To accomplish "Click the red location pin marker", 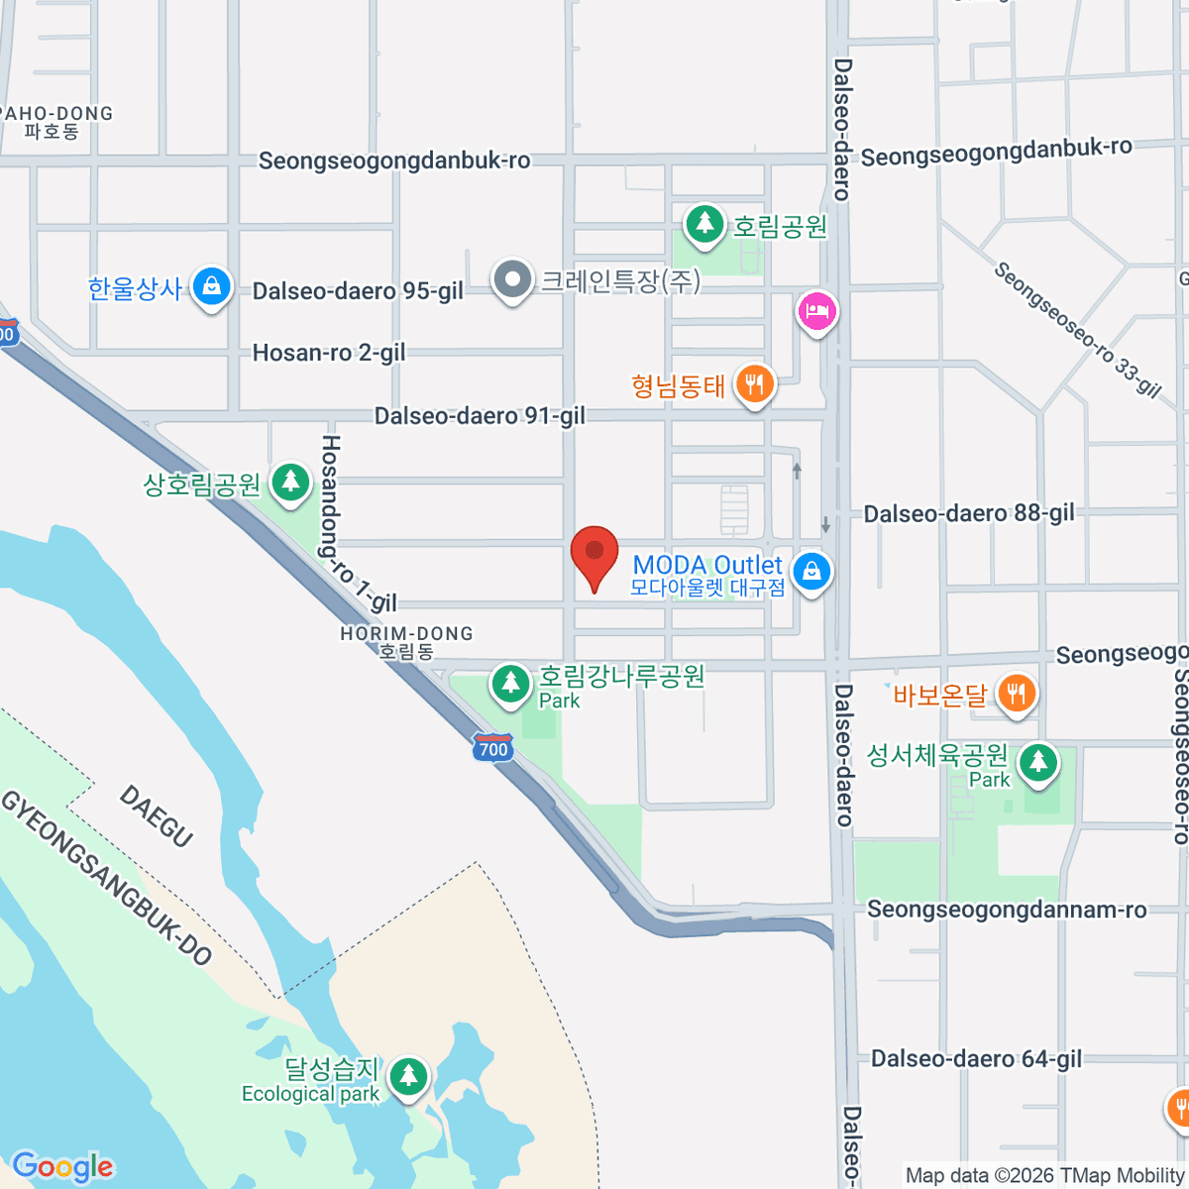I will (x=594, y=553).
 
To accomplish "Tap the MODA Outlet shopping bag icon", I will (x=811, y=572).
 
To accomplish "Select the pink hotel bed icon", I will (x=817, y=312).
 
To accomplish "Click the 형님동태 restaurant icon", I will (x=755, y=383).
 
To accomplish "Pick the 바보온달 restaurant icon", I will (x=1016, y=693).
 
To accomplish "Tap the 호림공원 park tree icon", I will (x=704, y=222).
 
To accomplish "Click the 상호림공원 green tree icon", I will (x=289, y=483).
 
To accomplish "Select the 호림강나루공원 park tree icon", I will (x=510, y=684).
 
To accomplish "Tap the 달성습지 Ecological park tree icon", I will (x=407, y=1076).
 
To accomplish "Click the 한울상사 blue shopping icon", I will (x=210, y=287).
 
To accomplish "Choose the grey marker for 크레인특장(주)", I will (x=512, y=280).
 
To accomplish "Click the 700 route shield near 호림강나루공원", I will (x=492, y=748).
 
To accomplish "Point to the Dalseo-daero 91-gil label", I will (x=480, y=416).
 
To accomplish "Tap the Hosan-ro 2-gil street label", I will (x=329, y=353).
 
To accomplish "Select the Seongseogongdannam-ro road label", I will (x=1007, y=910).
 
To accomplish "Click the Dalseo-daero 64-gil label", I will (x=976, y=1059).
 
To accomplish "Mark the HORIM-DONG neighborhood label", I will (x=406, y=634).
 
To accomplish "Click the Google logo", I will (x=62, y=1166).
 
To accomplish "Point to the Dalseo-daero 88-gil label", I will (x=968, y=513).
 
